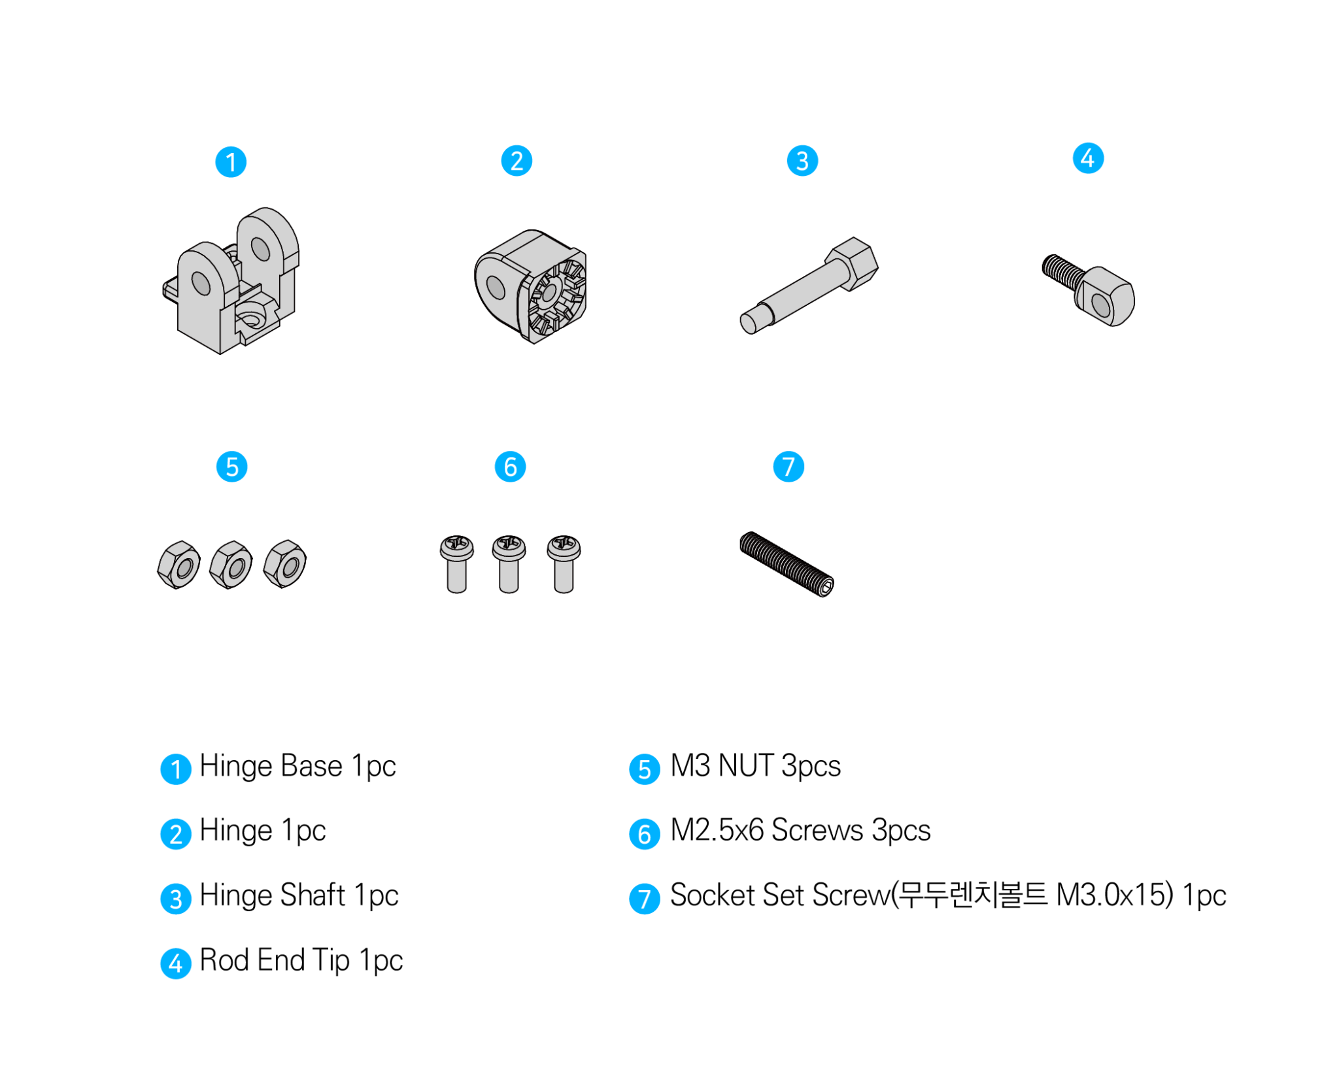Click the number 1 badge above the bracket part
231,162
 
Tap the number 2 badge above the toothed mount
517,161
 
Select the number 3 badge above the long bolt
802,161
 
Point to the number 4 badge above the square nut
1088,158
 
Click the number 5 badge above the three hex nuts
231,467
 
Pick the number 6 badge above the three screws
510,467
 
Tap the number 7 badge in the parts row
788,467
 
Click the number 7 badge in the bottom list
644,899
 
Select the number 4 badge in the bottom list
176,963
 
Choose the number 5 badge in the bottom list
644,769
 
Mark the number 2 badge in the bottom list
176,834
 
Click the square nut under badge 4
1104,297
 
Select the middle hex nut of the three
231,565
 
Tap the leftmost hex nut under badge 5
179,565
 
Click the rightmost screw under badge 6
564,563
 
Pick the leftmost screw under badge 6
456,563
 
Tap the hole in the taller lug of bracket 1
261,248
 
